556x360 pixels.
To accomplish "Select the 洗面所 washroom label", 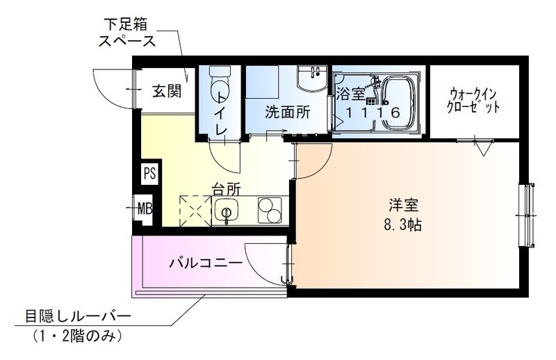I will [x=286, y=111].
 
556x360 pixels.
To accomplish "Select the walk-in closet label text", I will [x=474, y=100].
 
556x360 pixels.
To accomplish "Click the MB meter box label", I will [x=145, y=207].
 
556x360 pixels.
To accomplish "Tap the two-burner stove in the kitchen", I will [x=269, y=209].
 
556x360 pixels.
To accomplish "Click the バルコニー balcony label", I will [x=206, y=263].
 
